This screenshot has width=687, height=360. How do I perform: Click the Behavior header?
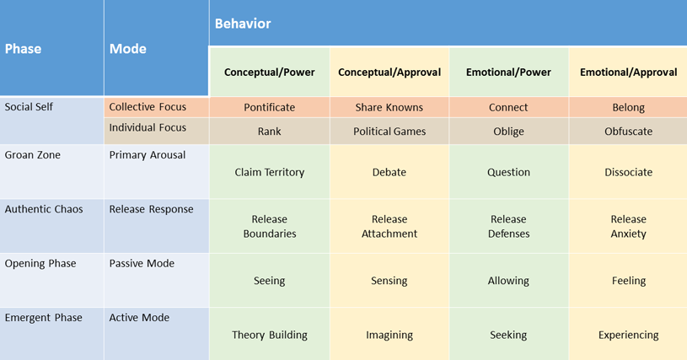(x=243, y=24)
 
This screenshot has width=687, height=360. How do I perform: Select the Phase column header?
(x=23, y=49)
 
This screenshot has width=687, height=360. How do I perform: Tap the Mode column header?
(x=127, y=49)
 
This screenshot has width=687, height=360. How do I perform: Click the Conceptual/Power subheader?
(x=270, y=73)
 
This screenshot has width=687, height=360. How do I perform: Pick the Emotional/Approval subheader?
(x=628, y=73)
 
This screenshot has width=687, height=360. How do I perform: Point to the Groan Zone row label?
(x=32, y=155)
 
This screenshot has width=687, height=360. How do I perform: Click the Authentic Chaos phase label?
(x=44, y=209)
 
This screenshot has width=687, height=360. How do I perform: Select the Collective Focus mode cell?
(x=148, y=107)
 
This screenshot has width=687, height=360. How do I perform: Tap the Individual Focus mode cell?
(x=148, y=127)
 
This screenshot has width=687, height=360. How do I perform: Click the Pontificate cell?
(x=270, y=107)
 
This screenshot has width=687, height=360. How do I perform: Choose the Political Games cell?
(x=389, y=132)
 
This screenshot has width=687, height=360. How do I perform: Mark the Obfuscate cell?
(x=628, y=132)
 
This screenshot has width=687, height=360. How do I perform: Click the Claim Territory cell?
(x=270, y=172)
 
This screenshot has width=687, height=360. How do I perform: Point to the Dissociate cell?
(x=628, y=172)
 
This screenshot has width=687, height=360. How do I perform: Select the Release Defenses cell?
(x=508, y=227)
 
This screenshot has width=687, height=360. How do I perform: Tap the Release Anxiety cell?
(x=628, y=227)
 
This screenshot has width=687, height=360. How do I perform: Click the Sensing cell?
(x=389, y=281)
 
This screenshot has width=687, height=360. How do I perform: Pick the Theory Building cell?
(x=270, y=335)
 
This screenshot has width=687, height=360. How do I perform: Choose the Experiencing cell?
(x=628, y=335)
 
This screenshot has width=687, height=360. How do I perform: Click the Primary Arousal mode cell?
(x=148, y=155)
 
